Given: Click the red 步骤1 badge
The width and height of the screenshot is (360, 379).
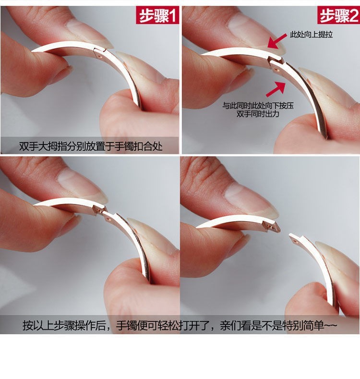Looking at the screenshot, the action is (x=157, y=15).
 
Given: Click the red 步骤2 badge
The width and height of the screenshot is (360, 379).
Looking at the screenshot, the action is (x=338, y=15).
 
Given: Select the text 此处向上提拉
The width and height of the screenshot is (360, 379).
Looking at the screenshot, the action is (x=312, y=35).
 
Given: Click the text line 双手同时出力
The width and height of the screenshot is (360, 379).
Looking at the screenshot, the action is (x=258, y=114).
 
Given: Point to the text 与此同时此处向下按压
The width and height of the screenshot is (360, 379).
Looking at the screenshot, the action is (x=258, y=106).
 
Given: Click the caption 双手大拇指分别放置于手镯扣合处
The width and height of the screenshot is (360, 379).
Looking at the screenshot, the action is (x=91, y=146).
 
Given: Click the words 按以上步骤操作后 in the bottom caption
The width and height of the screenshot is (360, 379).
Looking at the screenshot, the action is (x=64, y=326).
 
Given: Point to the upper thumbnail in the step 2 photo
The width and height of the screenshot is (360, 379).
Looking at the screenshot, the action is (x=256, y=34).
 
